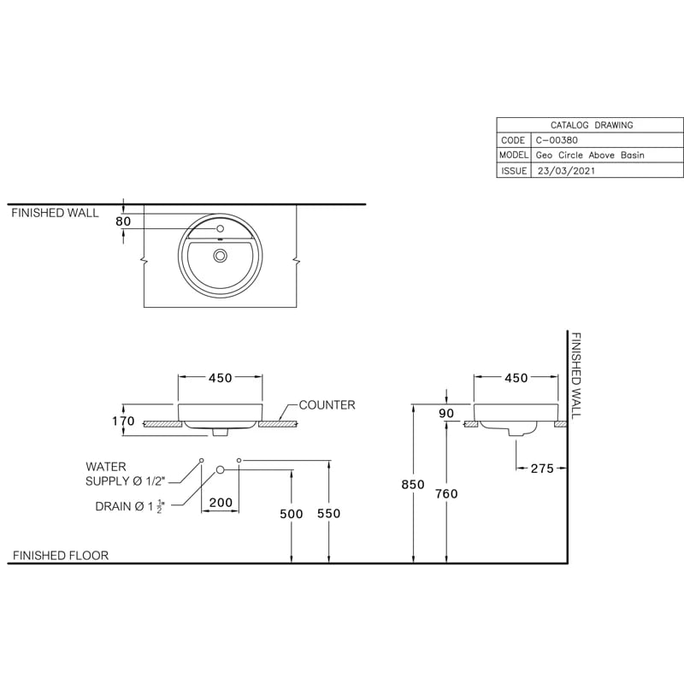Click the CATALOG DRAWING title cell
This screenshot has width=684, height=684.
point(592,125)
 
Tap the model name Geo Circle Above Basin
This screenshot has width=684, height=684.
point(589,156)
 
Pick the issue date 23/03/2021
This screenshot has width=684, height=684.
point(565,171)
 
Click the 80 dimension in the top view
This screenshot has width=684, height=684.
point(123,221)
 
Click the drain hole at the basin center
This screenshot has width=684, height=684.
point(221,255)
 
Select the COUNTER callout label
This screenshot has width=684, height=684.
point(327,405)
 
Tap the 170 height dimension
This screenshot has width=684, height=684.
point(123,421)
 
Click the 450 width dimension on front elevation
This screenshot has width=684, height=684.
point(221,378)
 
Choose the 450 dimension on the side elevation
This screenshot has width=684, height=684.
point(516,378)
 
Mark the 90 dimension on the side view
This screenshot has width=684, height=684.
point(445,414)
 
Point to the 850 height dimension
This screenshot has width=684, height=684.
point(413,485)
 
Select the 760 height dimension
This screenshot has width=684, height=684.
point(446,493)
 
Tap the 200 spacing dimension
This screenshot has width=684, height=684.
point(221,503)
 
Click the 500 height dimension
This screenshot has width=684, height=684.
point(292,513)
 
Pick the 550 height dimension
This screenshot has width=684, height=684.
point(328,513)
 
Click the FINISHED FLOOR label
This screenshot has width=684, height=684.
point(60,556)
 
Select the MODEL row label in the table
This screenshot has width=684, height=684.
point(513,156)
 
